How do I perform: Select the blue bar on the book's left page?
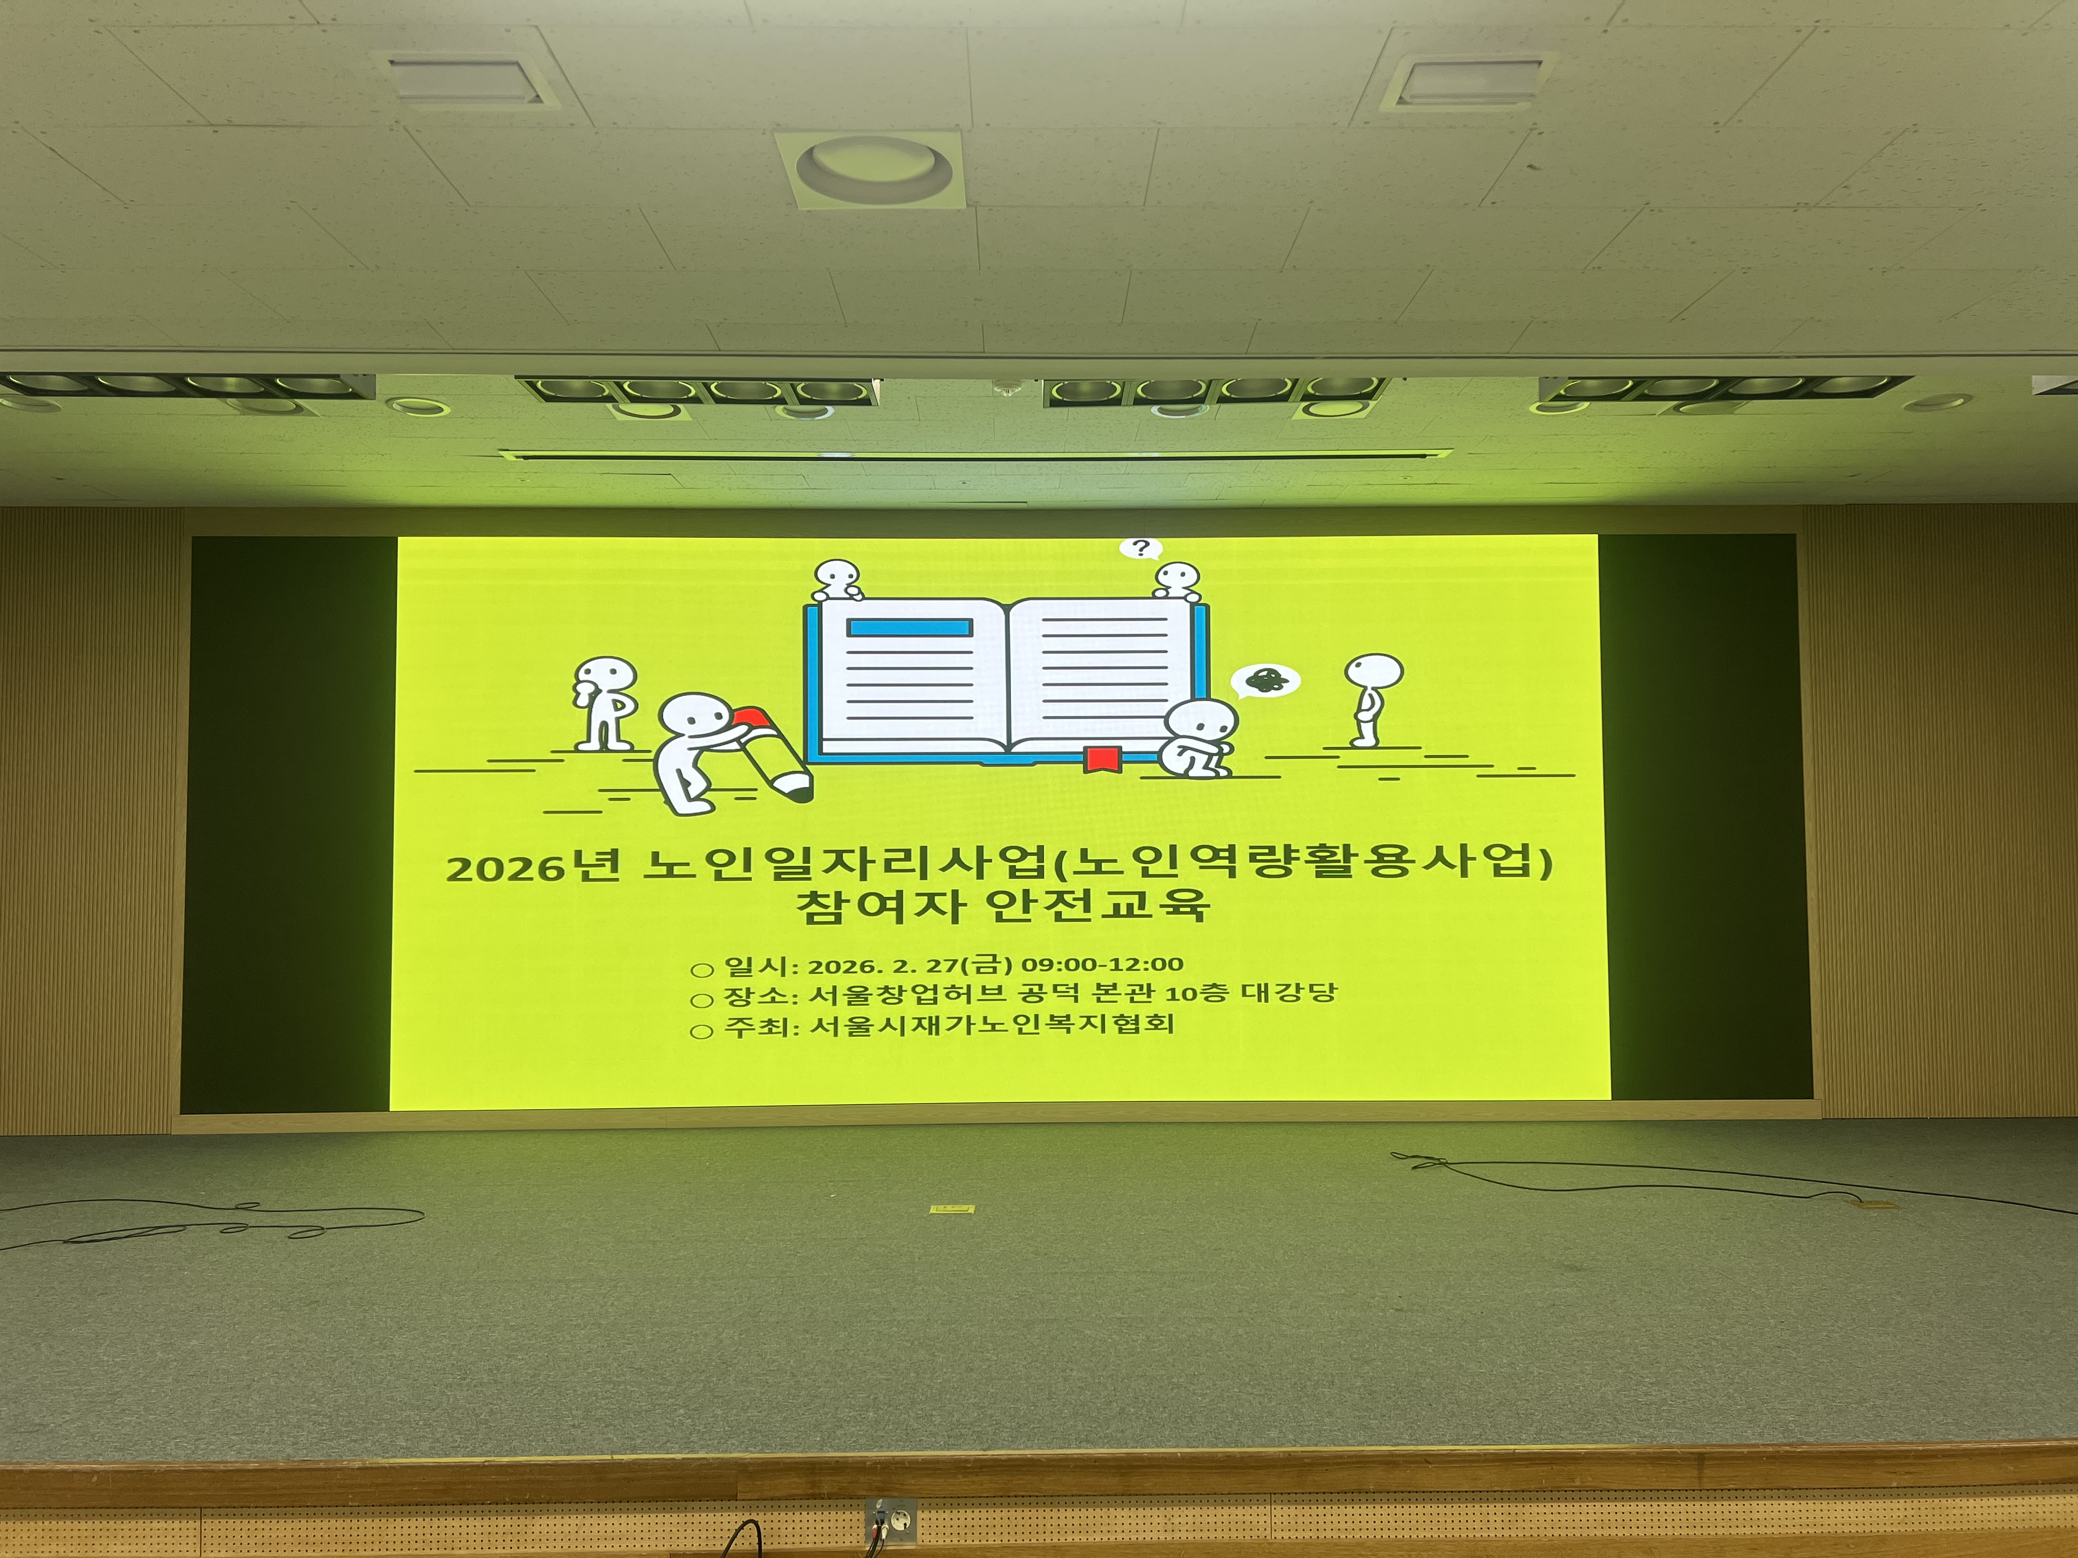[909, 628]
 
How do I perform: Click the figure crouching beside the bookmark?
[1196, 738]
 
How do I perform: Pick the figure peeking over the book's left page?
[837, 580]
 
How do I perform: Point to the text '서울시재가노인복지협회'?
[992, 1024]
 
